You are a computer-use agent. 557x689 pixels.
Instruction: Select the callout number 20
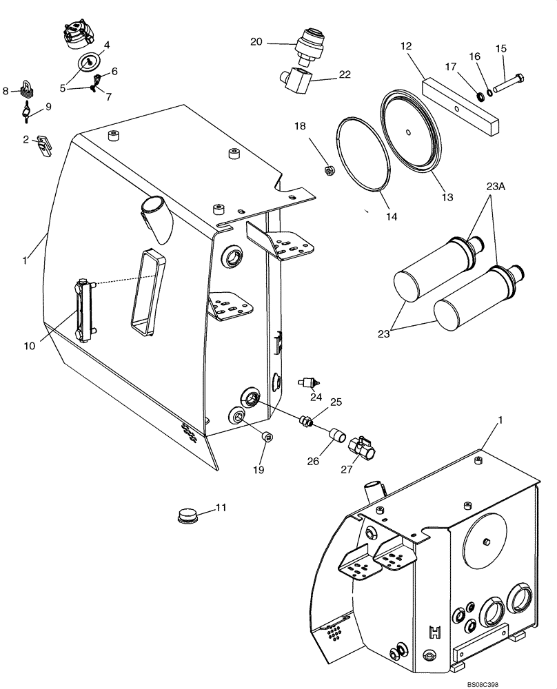click(x=256, y=42)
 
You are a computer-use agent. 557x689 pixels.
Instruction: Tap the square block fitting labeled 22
click(x=294, y=81)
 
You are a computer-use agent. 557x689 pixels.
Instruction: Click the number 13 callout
click(x=447, y=197)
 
